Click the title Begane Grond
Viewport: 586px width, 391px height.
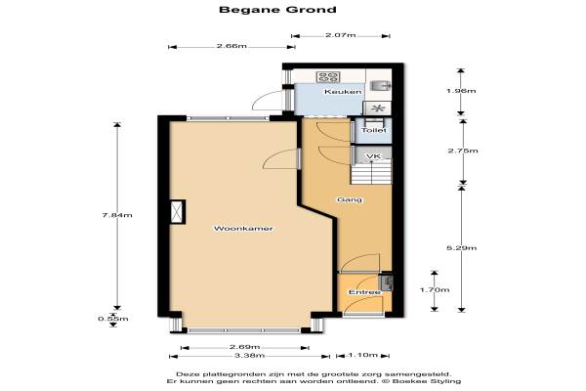[x=277, y=10]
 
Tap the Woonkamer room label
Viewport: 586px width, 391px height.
[x=243, y=228]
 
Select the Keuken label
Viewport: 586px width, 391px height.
[x=343, y=91]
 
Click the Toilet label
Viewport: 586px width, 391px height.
[x=373, y=130]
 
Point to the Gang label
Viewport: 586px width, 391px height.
[x=350, y=199]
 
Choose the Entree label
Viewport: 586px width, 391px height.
[x=364, y=292]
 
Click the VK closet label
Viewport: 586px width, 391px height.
[x=373, y=156]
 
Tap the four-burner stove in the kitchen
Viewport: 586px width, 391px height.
[x=328, y=77]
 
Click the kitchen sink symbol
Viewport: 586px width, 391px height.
[x=380, y=86]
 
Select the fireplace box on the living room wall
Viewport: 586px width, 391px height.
[x=178, y=212]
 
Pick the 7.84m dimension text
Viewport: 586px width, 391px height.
[x=117, y=215]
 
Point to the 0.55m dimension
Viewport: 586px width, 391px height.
[x=113, y=319]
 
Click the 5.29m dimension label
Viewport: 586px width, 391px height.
[x=462, y=247]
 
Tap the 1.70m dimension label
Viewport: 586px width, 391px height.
[x=435, y=289]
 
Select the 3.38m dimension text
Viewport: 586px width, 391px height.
[x=249, y=356]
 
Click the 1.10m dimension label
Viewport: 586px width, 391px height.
[x=363, y=355]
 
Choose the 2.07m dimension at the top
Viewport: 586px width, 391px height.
[x=341, y=35]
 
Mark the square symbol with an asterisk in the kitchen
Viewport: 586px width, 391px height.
[x=377, y=109]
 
